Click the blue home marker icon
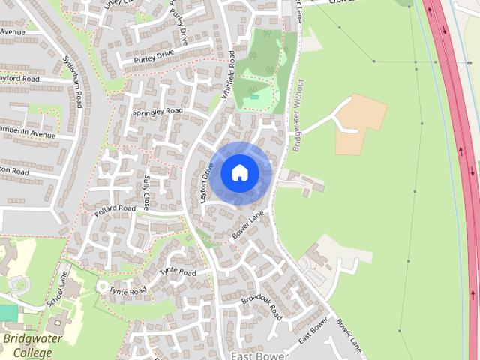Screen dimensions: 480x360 coord(240,173)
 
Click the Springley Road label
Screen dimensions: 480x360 coord(157,111)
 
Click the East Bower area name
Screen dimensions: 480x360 coord(259,355)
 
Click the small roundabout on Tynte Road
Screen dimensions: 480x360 coord(102,286)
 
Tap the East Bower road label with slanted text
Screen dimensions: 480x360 coord(313,330)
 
